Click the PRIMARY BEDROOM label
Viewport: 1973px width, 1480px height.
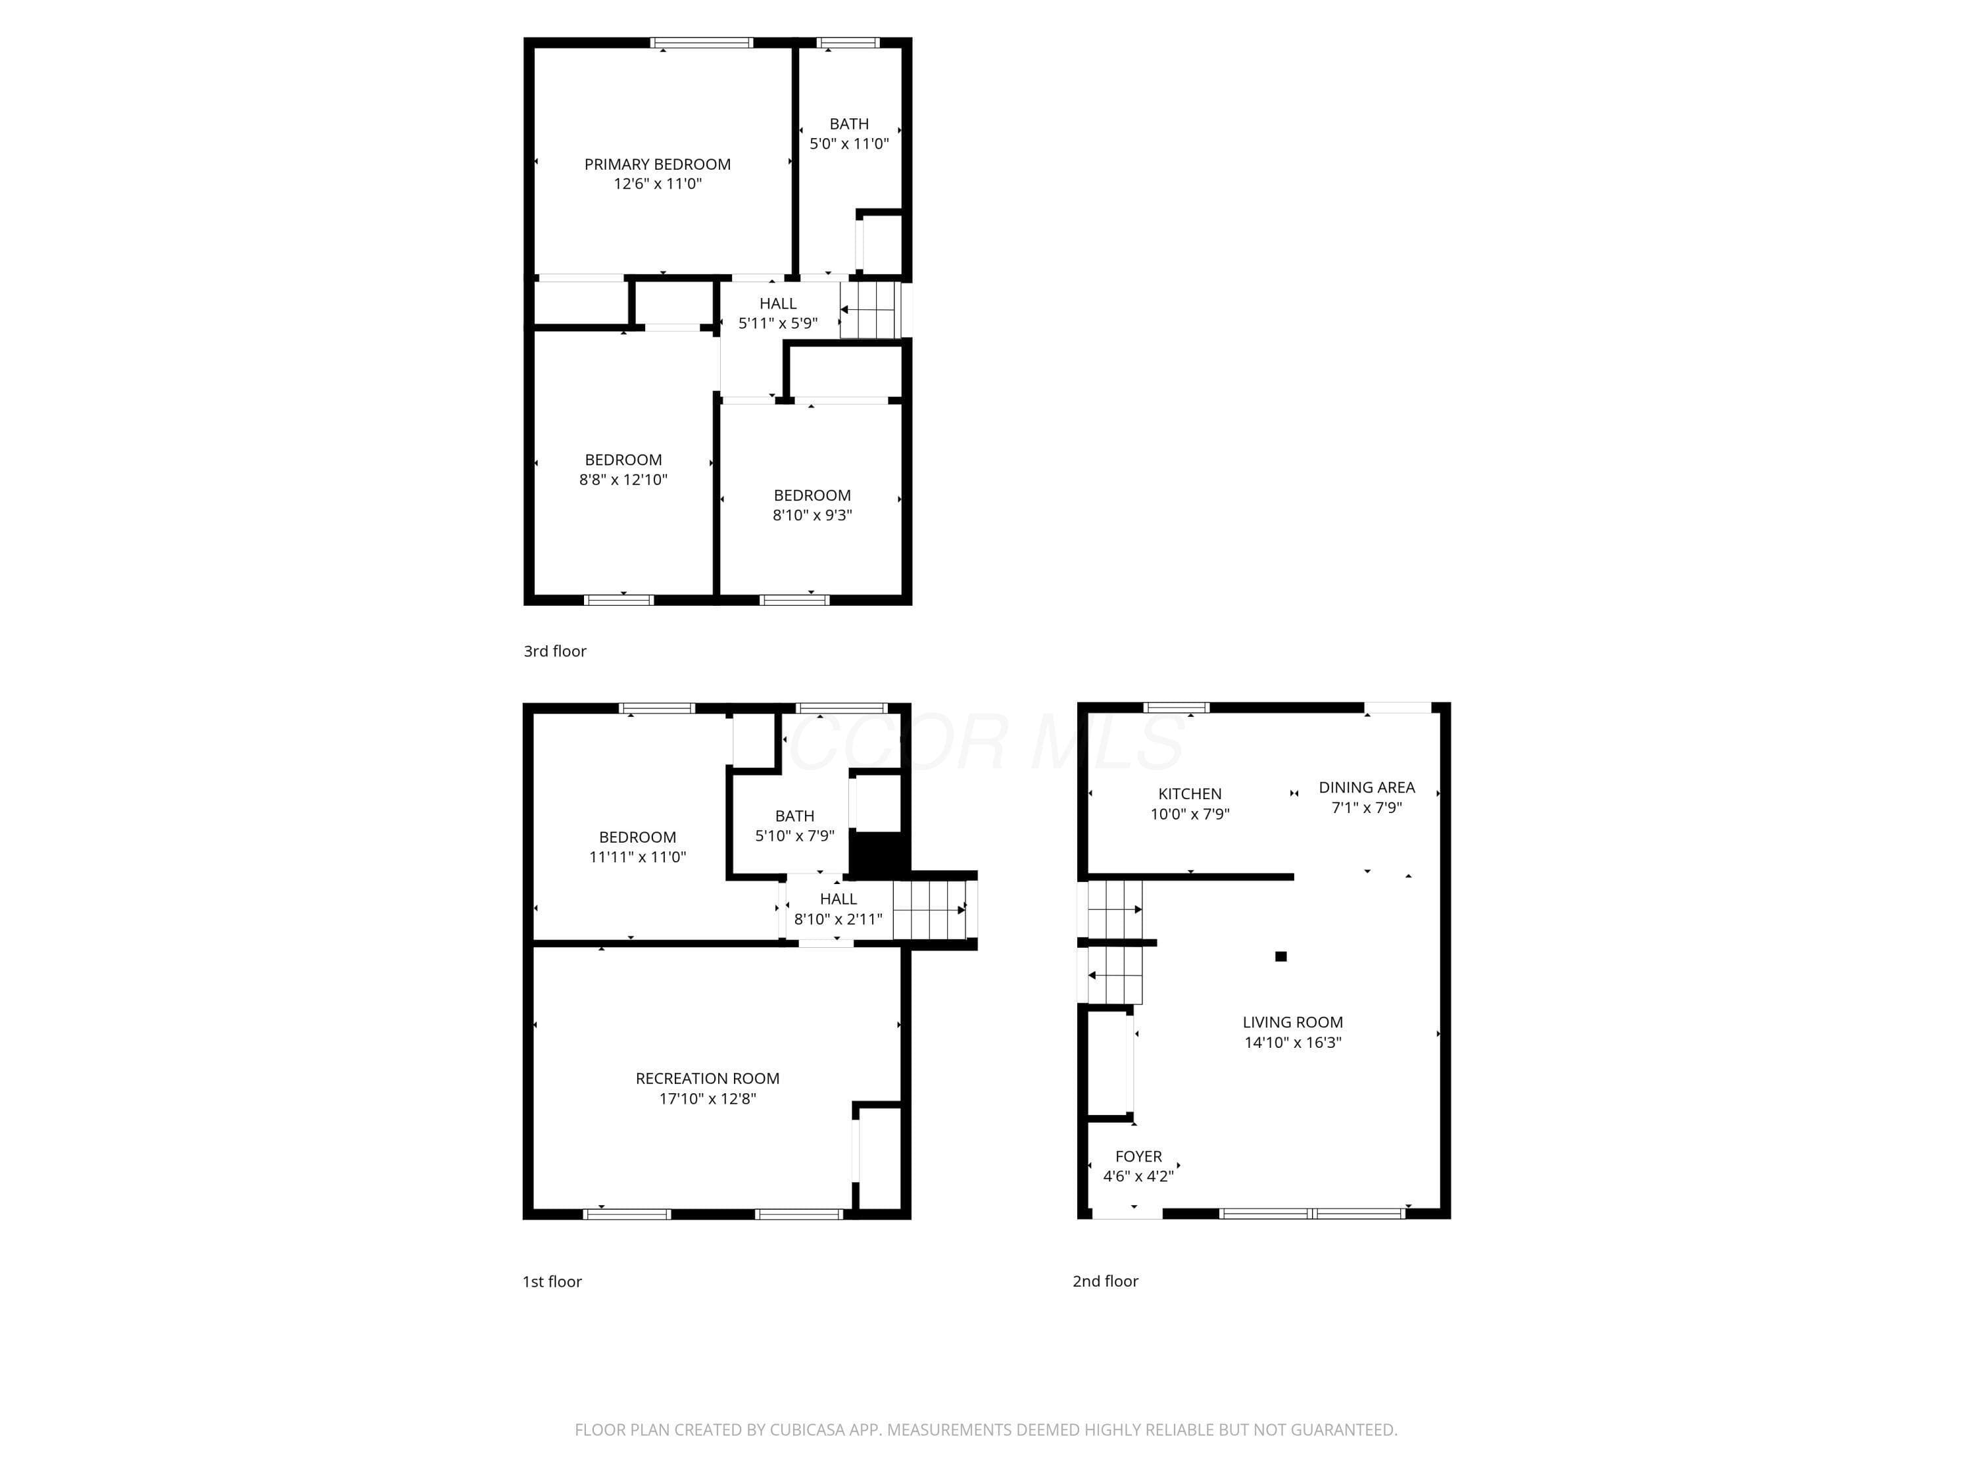tap(658, 164)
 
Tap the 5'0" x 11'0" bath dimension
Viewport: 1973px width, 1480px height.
tap(849, 143)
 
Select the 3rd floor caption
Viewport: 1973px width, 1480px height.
tap(555, 651)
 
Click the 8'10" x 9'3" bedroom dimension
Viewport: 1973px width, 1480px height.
tap(813, 515)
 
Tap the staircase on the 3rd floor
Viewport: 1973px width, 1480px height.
tap(869, 310)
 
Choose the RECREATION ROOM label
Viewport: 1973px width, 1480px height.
tap(707, 1079)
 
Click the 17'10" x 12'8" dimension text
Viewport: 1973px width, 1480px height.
tap(707, 1099)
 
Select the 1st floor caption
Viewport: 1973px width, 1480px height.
tap(552, 1282)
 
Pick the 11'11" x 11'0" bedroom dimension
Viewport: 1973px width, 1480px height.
tap(638, 857)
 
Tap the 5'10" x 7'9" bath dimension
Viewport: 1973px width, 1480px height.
tap(794, 836)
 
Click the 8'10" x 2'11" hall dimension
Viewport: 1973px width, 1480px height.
tap(839, 919)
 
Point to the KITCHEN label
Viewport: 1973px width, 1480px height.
tap(1190, 794)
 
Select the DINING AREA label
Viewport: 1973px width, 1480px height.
tap(1367, 788)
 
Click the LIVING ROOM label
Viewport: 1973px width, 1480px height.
tap(1292, 1022)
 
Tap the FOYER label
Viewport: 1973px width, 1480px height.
tap(1138, 1156)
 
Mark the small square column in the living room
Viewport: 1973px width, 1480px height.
tap(1281, 956)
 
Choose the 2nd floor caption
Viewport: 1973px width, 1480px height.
tap(1105, 1281)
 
